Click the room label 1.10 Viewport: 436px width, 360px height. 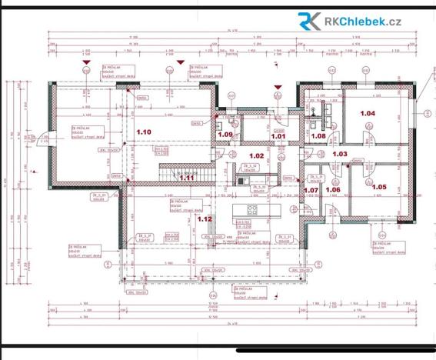click(143, 132)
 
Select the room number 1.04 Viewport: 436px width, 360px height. click(368, 113)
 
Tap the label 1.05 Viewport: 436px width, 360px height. click(379, 187)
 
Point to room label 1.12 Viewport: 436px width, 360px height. click(205, 218)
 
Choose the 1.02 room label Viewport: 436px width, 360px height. click(256, 156)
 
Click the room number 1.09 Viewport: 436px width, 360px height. click(225, 135)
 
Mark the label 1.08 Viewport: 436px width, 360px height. click(318, 135)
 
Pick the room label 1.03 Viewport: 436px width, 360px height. click(340, 154)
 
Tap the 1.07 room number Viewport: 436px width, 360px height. click(311, 189)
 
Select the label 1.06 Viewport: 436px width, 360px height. click(333, 189)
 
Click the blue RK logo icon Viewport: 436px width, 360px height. click(310, 22)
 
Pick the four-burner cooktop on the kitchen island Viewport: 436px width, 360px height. click(252, 209)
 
